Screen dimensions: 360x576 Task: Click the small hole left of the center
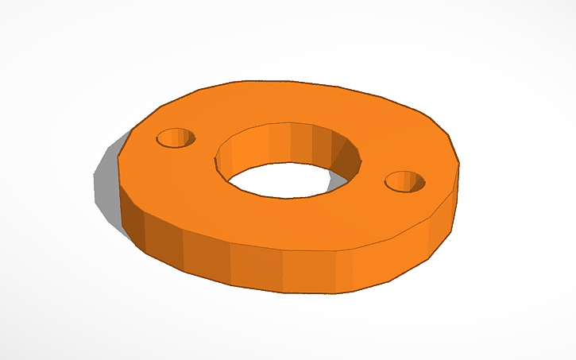coord(176,138)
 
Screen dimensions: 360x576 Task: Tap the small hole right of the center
coord(405,183)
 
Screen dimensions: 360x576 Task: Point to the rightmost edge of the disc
coord(459,171)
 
